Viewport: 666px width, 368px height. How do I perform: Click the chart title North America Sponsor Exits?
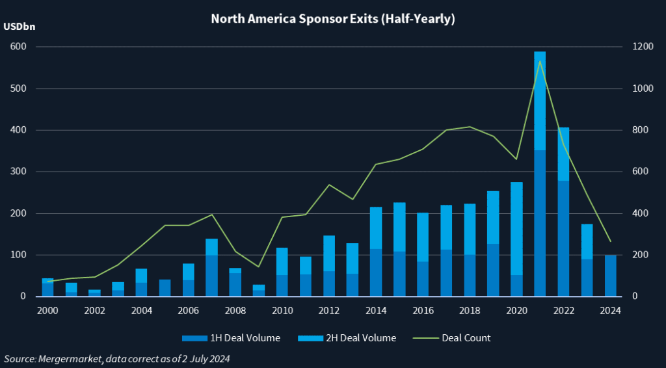[332, 19]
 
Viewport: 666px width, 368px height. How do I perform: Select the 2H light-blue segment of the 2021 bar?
[540, 101]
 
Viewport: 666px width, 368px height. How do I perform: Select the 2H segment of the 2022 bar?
[563, 154]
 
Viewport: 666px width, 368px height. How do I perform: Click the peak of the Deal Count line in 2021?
[540, 60]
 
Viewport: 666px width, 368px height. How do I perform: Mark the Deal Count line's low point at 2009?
[258, 267]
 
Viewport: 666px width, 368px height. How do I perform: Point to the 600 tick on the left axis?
[18, 47]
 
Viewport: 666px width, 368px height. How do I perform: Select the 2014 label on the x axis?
[376, 310]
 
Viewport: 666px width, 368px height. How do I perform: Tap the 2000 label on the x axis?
[47, 310]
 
